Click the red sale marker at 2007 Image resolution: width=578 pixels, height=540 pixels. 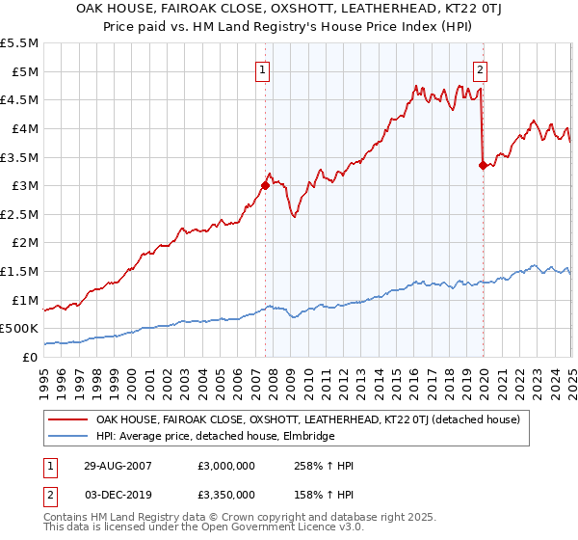coord(265,185)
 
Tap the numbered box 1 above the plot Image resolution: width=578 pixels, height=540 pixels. coord(263,68)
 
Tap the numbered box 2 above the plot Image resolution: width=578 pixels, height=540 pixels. coord(480,68)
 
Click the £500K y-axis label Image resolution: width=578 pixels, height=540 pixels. coord(19,329)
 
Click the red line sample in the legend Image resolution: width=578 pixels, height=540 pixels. coord(66,419)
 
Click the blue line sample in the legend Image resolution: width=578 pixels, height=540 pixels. coord(66,436)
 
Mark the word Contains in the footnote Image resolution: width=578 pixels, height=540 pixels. coord(67,519)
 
